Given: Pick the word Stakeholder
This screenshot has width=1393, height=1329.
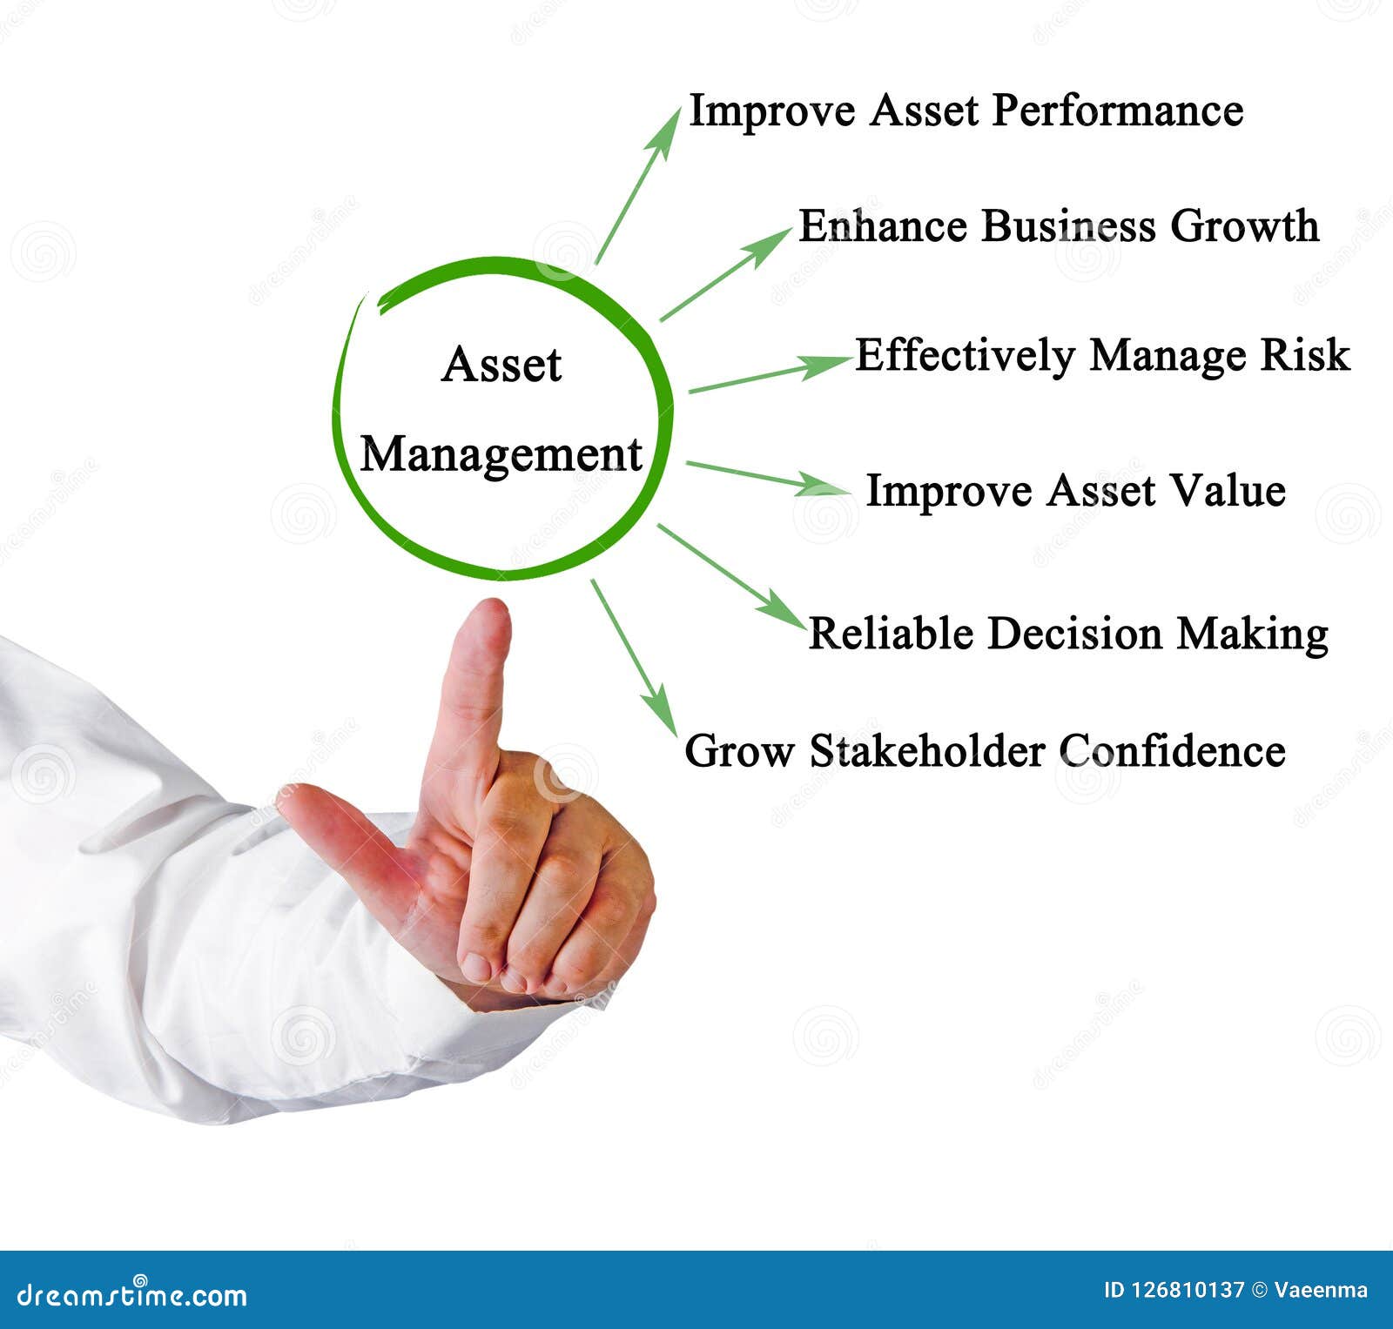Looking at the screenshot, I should (x=927, y=750).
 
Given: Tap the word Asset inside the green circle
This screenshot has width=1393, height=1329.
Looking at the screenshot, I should (x=501, y=365).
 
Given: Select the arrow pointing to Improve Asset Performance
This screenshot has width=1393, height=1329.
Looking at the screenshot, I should (x=638, y=185).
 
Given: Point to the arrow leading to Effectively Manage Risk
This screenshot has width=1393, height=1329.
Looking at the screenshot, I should (x=770, y=374).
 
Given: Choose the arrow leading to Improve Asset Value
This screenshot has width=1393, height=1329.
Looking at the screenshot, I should (x=766, y=478).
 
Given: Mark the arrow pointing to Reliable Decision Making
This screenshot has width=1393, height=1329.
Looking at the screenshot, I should (x=731, y=574).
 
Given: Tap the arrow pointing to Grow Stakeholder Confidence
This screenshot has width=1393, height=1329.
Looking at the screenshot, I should (x=634, y=658).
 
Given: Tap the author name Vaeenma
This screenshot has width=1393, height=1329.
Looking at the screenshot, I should (x=1320, y=1290).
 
